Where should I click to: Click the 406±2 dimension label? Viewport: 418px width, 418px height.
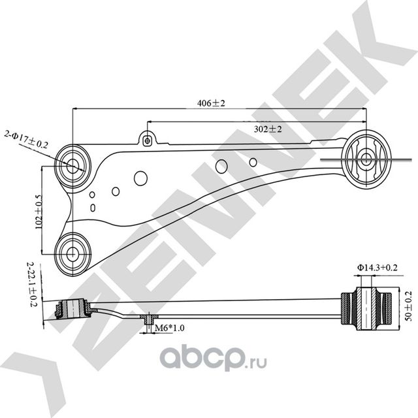(211, 103)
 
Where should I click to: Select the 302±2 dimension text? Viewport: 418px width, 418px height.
(268, 129)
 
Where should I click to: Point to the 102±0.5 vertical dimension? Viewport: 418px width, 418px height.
(39, 212)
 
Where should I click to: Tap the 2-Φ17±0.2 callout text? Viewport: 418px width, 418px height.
(26, 140)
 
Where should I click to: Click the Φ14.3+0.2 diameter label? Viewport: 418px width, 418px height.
(378, 267)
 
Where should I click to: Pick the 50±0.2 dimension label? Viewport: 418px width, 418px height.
(408, 306)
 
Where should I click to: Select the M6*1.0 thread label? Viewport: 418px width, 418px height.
(170, 328)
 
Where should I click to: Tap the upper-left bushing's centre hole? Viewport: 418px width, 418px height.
(72, 167)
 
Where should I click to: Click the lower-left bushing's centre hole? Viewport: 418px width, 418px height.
(72, 254)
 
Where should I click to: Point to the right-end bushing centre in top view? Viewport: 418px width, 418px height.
(366, 159)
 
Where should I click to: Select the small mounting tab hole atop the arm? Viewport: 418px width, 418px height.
(147, 140)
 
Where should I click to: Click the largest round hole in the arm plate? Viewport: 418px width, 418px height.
(141, 178)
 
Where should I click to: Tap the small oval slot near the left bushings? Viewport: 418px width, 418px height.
(93, 208)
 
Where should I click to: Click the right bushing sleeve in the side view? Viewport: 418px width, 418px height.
(366, 309)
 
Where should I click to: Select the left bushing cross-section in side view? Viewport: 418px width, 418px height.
(72, 309)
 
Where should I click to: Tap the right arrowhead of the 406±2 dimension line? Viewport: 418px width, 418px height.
(364, 108)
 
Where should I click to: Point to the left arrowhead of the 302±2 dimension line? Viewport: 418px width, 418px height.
(150, 122)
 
